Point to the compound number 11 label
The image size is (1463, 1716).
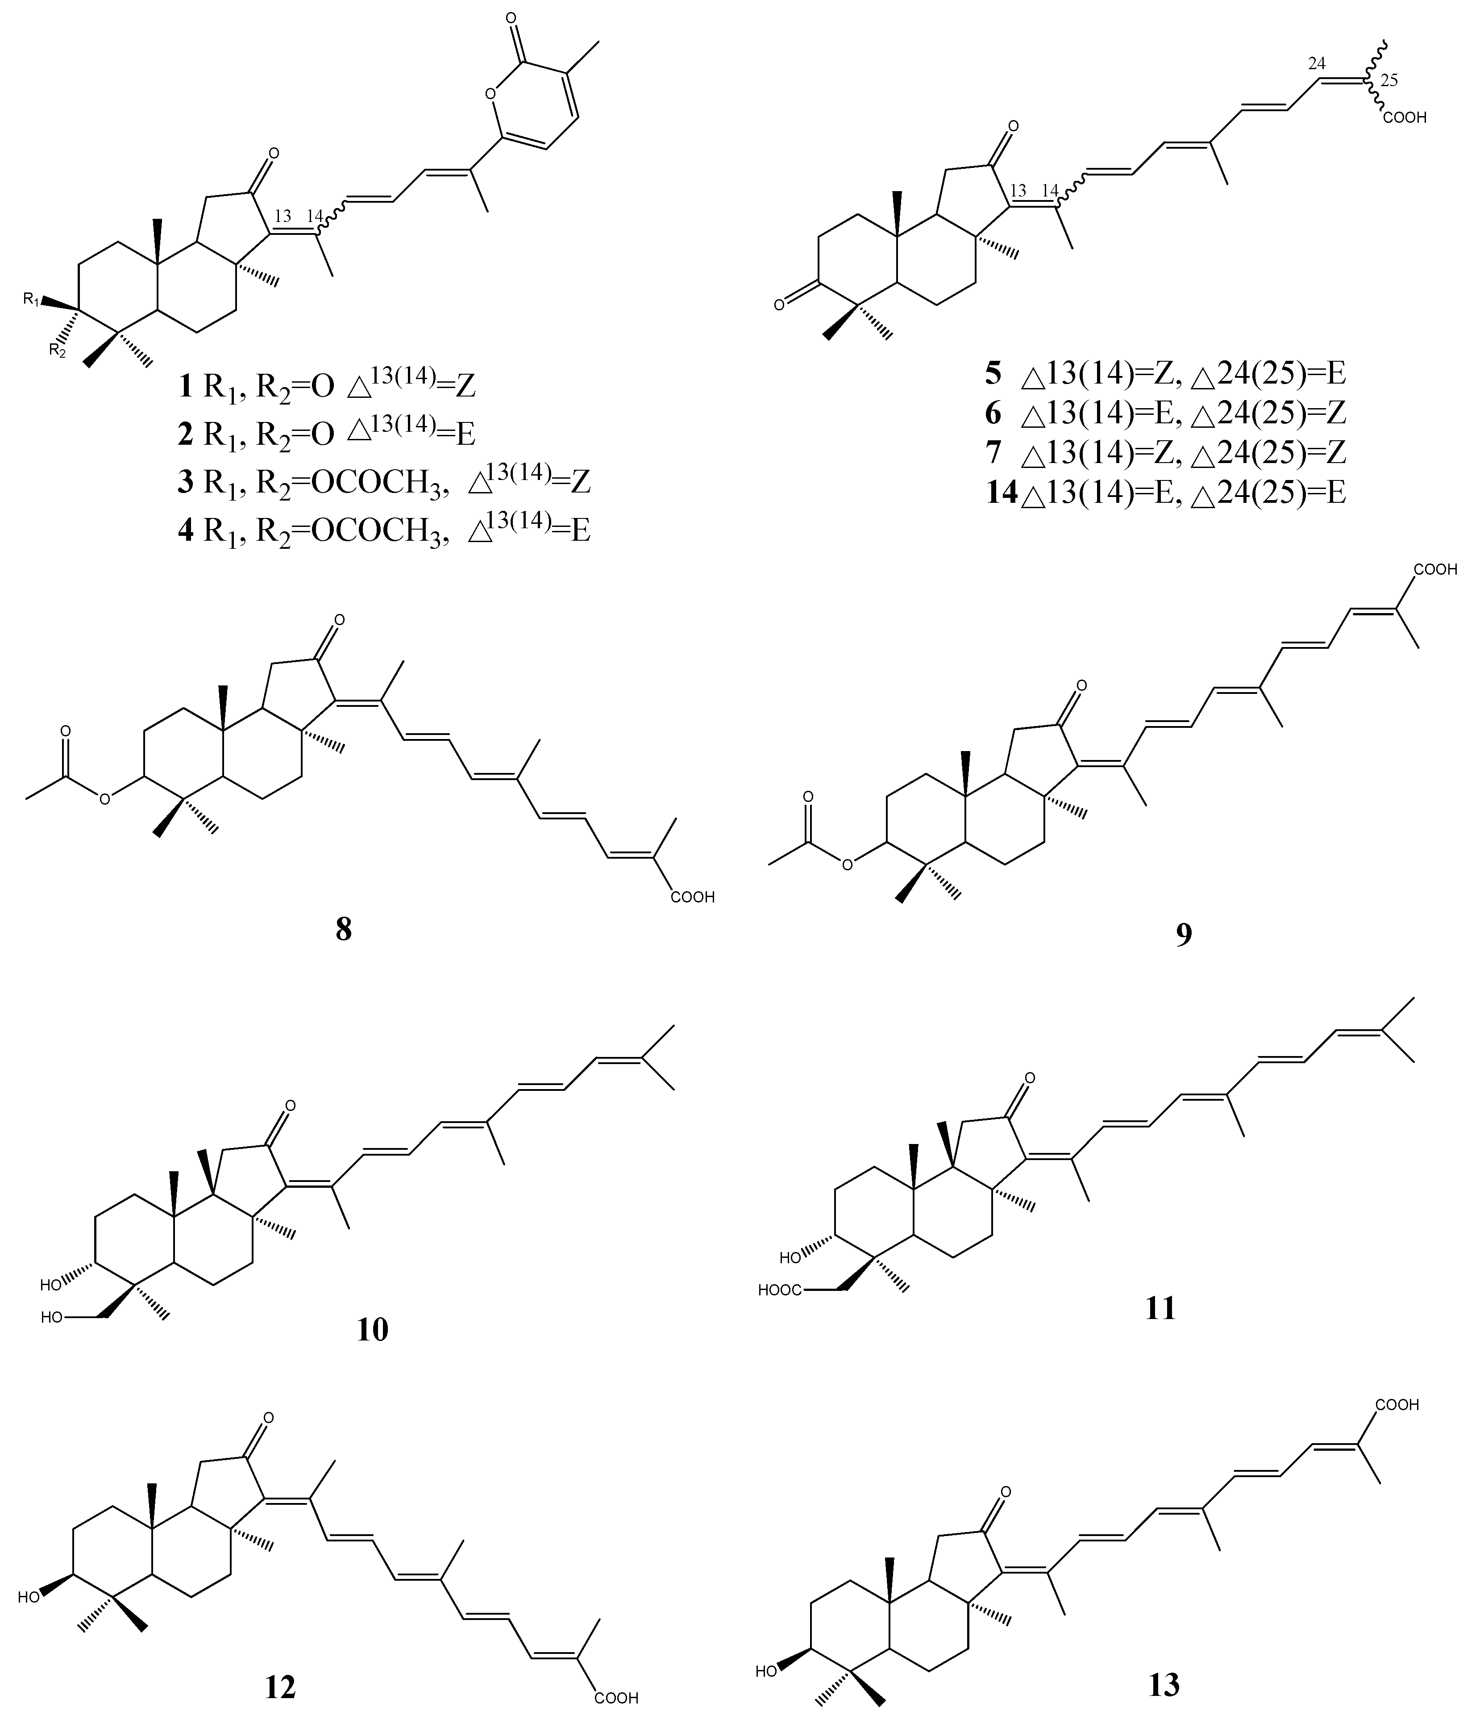coord(1160,1308)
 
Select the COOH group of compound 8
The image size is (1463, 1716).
coord(692,897)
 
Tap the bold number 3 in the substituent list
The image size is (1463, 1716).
coord(186,482)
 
